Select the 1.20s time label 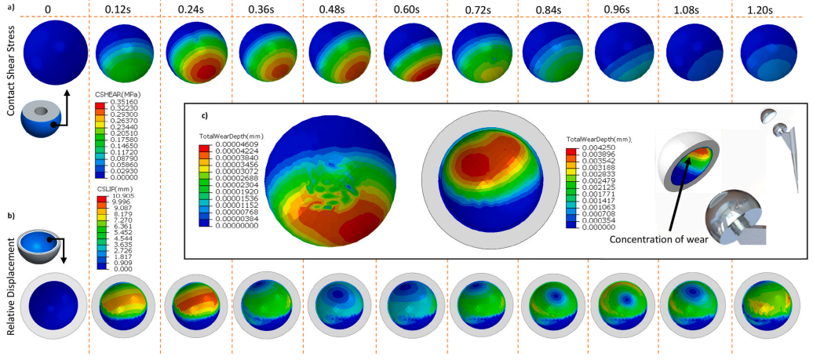click(x=766, y=9)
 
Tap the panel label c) click(x=206, y=116)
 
